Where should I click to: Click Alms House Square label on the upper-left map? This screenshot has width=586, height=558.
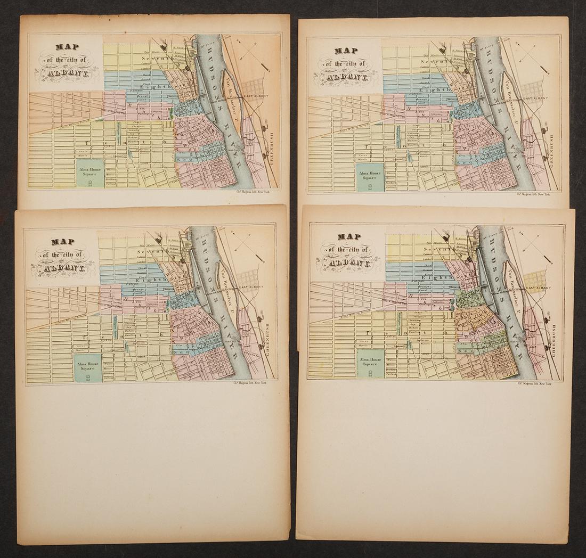(88, 171)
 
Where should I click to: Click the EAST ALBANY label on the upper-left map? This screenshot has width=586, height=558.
(254, 96)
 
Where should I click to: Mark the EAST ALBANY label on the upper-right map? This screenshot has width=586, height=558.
(534, 100)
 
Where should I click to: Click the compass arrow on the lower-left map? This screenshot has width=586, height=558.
(250, 249)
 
